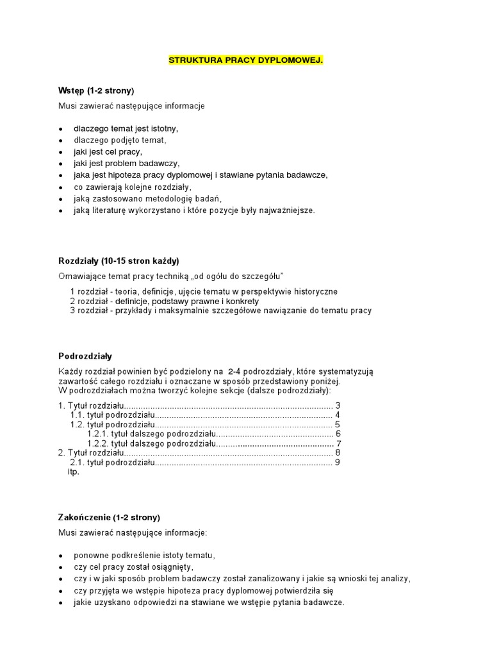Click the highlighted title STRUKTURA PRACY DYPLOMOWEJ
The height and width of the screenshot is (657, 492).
pos(245,60)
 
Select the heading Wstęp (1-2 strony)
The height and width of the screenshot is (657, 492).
pos(95,90)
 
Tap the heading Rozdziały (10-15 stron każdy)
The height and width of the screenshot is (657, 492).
pos(119,260)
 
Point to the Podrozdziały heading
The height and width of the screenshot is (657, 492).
pos(85,355)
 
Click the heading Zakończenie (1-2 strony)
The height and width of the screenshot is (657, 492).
pos(109,517)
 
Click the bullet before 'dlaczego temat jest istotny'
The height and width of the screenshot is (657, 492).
pos(60,129)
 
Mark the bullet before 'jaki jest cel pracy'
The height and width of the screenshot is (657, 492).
pos(60,152)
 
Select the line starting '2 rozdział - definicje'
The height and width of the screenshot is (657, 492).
pos(165,301)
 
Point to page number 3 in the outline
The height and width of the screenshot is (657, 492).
pos(338,405)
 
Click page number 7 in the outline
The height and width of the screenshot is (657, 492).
pos(338,443)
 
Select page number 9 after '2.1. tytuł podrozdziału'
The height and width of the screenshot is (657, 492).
pos(337,462)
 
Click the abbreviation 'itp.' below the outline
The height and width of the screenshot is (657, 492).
pos(73,472)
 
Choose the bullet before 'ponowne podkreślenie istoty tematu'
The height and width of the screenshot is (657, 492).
pos(60,556)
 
